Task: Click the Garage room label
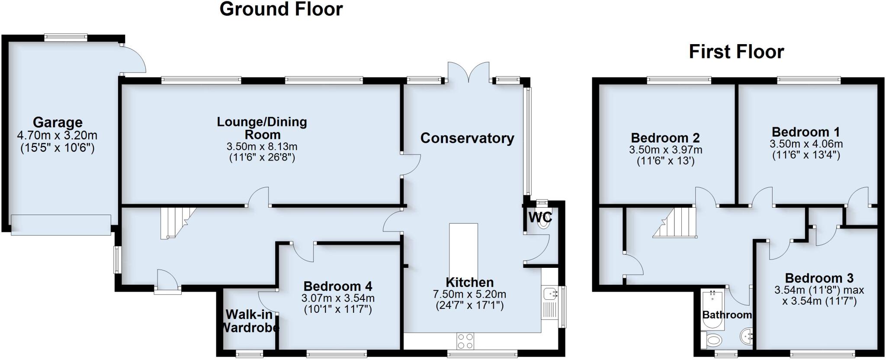point(58,122)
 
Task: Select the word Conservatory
point(467,138)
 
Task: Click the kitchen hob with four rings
point(465,341)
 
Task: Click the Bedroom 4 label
point(337,286)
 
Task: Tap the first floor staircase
point(675,222)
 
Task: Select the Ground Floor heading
point(281,9)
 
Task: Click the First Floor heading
point(736,52)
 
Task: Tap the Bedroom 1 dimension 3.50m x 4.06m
point(806,144)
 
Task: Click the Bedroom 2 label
point(665,138)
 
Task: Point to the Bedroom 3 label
point(819,278)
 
